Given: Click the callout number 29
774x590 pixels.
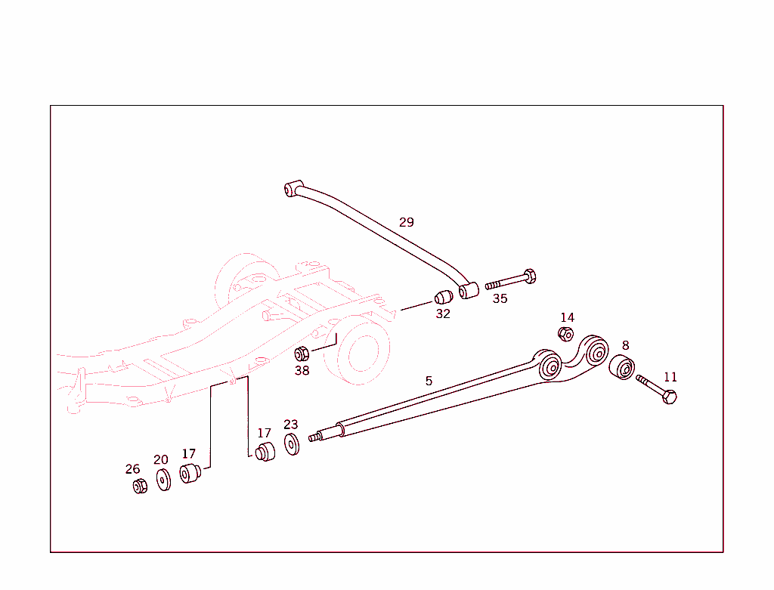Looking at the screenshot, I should pyautogui.click(x=407, y=222).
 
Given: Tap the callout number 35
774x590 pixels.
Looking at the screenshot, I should pyautogui.click(x=500, y=298).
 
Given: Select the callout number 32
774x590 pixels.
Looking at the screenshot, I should pyautogui.click(x=443, y=314).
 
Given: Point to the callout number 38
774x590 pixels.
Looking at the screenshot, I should pyautogui.click(x=302, y=370).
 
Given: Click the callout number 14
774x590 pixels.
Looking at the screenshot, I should pyautogui.click(x=567, y=317).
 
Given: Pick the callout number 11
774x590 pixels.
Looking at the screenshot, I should pyautogui.click(x=670, y=377).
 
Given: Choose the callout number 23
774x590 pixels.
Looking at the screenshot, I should pyautogui.click(x=291, y=425).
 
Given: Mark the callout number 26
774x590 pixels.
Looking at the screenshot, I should pyautogui.click(x=133, y=469).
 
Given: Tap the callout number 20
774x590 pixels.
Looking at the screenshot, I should pyautogui.click(x=161, y=459).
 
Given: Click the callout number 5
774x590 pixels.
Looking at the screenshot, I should pyautogui.click(x=429, y=381).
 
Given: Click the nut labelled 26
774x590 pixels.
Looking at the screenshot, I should pyautogui.click(x=139, y=487).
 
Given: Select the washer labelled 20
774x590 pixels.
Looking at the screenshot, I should pyautogui.click(x=163, y=480).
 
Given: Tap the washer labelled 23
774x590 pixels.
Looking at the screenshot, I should pyautogui.click(x=292, y=444).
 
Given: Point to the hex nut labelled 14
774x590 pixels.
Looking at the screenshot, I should pyautogui.click(x=565, y=334).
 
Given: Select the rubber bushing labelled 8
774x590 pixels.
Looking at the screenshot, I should pyautogui.click(x=622, y=368).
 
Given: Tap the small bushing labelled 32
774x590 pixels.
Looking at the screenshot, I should pyautogui.click(x=444, y=296).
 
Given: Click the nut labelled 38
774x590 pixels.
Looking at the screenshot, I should pyautogui.click(x=302, y=353).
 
